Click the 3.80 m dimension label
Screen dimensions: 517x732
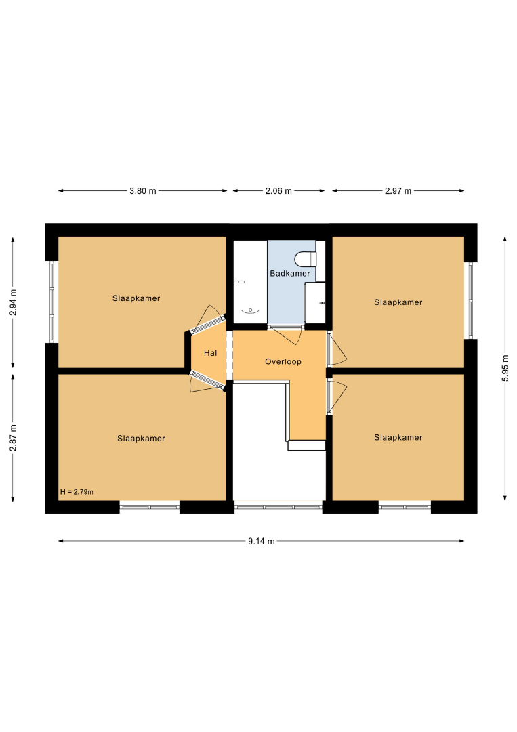click(143, 191)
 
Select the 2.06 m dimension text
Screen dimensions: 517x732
click(278, 191)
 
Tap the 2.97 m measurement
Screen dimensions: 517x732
click(398, 191)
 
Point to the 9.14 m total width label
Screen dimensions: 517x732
click(262, 541)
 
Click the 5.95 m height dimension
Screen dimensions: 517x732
click(505, 368)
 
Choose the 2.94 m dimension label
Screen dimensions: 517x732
click(13, 302)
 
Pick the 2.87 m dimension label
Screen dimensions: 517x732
click(13, 438)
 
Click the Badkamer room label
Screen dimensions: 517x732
click(290, 274)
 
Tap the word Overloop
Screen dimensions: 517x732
click(283, 361)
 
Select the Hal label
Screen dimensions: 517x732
click(211, 353)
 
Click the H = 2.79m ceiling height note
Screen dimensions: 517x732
click(77, 492)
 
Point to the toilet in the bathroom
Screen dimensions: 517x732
click(306, 259)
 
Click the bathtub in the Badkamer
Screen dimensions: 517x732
click(250, 282)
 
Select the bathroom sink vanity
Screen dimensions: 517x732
click(315, 302)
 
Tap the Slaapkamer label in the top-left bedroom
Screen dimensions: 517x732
click(136, 298)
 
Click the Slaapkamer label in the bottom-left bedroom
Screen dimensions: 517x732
click(141, 439)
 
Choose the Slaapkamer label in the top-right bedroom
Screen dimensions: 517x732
click(398, 302)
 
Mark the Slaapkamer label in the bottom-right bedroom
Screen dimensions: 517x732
click(398, 437)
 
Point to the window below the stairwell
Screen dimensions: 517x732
click(278, 507)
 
